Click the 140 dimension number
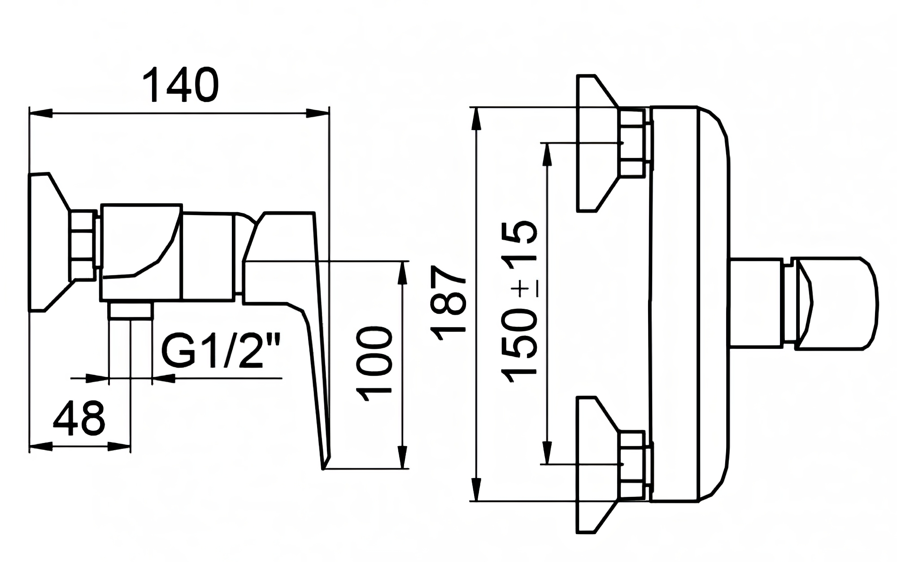(x=180, y=85)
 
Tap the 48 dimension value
(x=79, y=418)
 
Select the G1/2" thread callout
(x=220, y=352)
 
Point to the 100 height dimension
(x=374, y=364)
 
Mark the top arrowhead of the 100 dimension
(x=403, y=272)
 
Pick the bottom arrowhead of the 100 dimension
(x=403, y=457)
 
